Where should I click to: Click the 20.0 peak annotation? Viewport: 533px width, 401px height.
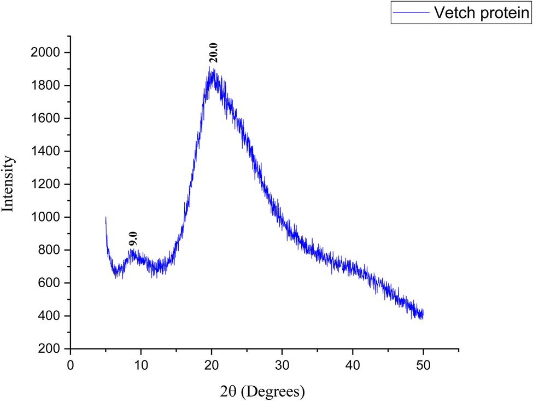pyautogui.click(x=214, y=55)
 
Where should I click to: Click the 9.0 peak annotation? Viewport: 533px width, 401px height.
pyautogui.click(x=133, y=239)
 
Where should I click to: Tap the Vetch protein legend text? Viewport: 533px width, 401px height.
pyautogui.click(x=481, y=13)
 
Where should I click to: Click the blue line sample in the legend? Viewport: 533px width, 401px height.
pyautogui.click(x=411, y=13)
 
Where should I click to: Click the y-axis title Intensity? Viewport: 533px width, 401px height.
pyautogui.click(x=9, y=184)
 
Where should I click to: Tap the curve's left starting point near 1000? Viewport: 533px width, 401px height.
pyautogui.click(x=106, y=218)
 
